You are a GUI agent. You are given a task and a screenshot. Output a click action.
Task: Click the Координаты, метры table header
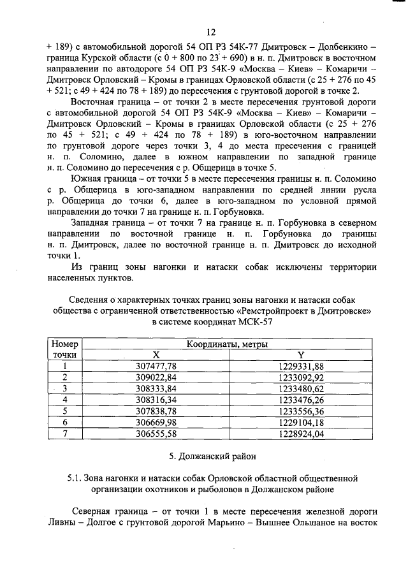click(x=226, y=344)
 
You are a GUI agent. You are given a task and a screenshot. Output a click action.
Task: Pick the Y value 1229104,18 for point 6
click(x=302, y=422)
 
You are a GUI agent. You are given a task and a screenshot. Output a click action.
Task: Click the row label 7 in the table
click(x=64, y=434)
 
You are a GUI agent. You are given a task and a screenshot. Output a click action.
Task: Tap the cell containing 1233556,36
click(x=302, y=411)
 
